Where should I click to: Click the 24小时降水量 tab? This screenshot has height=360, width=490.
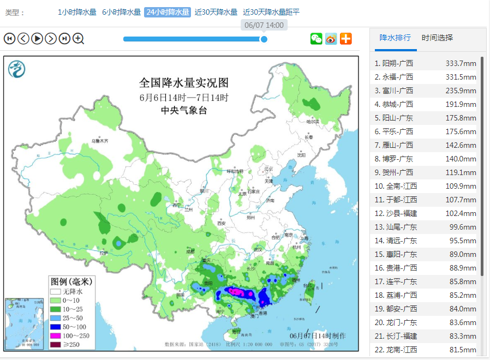[168, 12]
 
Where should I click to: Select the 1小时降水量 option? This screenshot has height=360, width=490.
[77, 12]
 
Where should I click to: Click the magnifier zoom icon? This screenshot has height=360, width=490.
[79, 38]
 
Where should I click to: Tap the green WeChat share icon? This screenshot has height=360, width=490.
[316, 38]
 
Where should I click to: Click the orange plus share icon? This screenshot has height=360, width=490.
[346, 38]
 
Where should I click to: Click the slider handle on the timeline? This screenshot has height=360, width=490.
[264, 39]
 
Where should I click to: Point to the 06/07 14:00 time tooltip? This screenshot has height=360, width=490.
[264, 25]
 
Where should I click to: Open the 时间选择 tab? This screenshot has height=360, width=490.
[437, 38]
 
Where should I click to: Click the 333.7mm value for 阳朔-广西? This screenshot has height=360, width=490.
[461, 63]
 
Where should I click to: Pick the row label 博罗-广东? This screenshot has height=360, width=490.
[393, 159]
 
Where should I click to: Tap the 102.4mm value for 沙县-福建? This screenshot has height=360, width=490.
[461, 213]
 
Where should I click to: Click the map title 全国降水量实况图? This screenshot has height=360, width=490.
[183, 83]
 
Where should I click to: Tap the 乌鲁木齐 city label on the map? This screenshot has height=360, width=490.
[99, 141]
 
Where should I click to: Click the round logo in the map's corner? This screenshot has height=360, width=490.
[17, 69]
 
